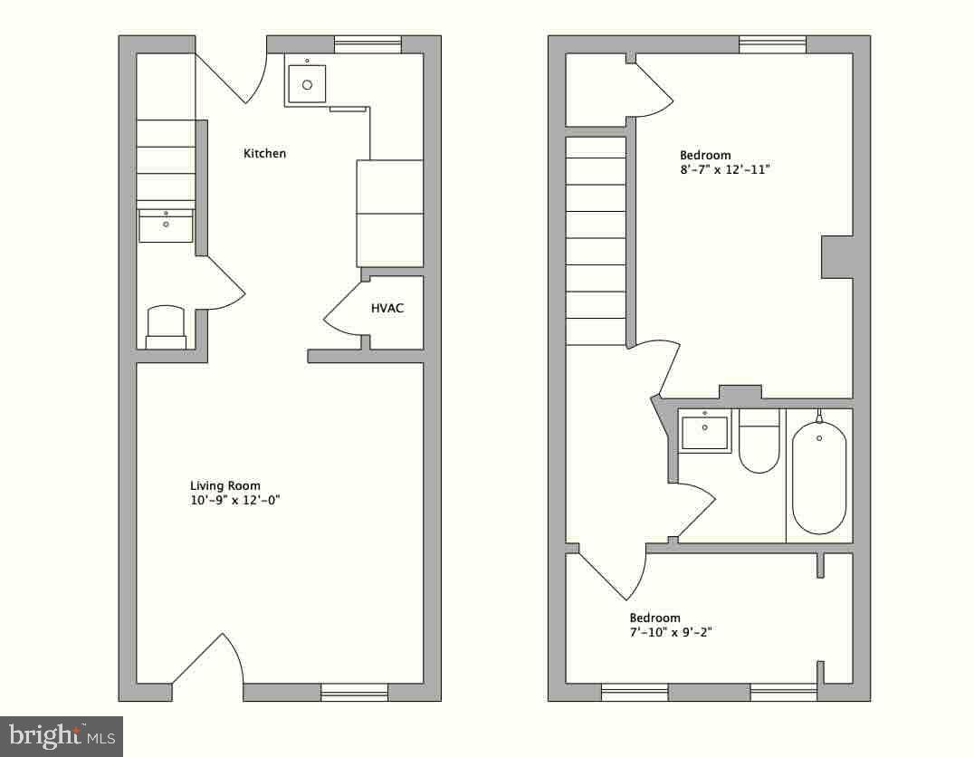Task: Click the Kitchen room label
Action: (x=264, y=154)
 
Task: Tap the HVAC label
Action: (x=387, y=308)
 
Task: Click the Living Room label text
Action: (x=224, y=486)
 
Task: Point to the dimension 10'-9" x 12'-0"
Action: (x=235, y=501)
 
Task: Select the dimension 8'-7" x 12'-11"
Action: (x=725, y=169)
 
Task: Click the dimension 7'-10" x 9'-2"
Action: (x=670, y=633)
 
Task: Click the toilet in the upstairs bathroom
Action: (x=759, y=441)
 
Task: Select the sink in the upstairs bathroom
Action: (x=704, y=431)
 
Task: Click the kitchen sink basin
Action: (x=307, y=84)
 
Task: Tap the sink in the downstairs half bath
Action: (x=166, y=225)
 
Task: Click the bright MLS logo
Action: (x=62, y=736)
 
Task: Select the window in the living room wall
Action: (x=354, y=693)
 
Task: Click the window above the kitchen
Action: (x=368, y=44)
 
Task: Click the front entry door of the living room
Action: (x=208, y=660)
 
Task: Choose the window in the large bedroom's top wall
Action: (x=773, y=44)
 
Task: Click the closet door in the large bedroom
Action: (x=653, y=87)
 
